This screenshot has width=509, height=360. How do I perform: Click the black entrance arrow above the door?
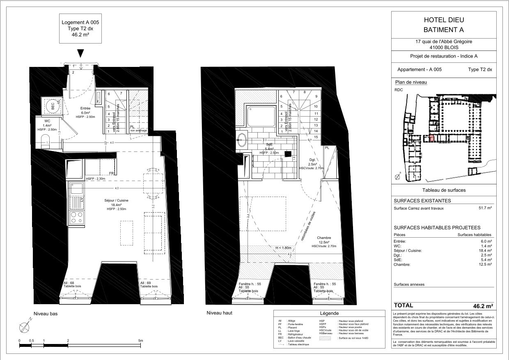[x=81, y=53]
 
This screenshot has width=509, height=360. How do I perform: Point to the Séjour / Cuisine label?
[x=117, y=200]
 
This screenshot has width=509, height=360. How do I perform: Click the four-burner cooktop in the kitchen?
[x=76, y=217]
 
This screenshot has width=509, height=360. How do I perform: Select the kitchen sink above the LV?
[x=76, y=189]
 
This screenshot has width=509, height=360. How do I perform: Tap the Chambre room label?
[x=323, y=238]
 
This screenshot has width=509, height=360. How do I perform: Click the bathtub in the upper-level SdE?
[x=261, y=117]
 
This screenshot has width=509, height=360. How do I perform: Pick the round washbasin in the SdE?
[x=242, y=140]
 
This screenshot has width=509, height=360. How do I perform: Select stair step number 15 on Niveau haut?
[x=316, y=137]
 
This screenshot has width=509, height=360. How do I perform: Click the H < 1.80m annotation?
[x=283, y=248]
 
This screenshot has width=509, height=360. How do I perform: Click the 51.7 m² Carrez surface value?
[x=485, y=208]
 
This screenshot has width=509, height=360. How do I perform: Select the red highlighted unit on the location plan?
[x=431, y=139]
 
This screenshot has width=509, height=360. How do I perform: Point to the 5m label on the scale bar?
[x=140, y=341]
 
